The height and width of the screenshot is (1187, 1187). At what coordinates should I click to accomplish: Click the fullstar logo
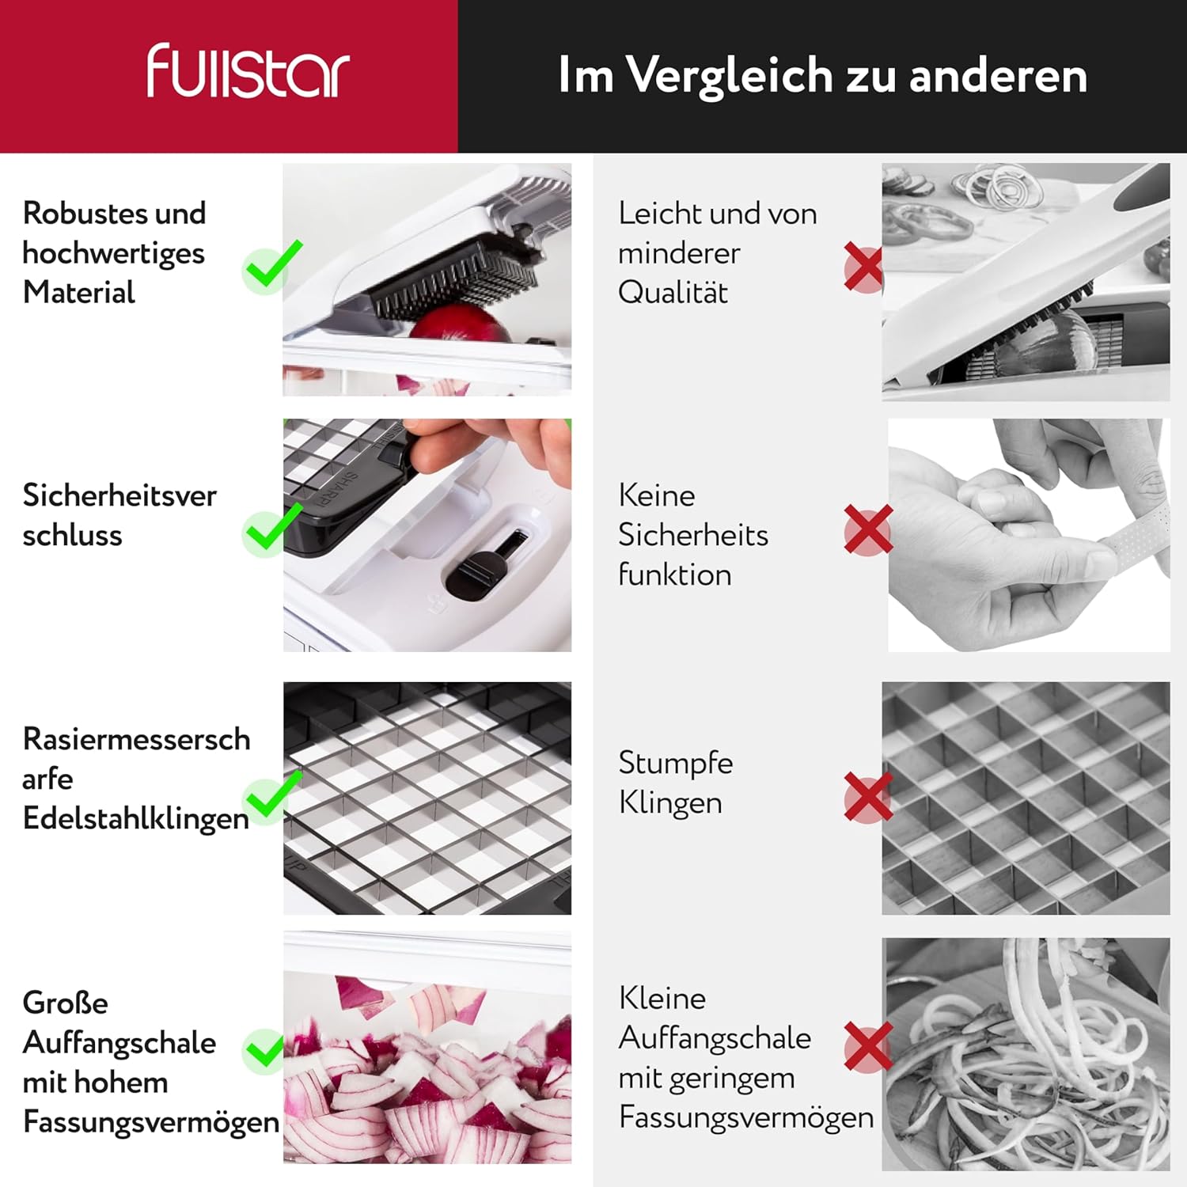pos(248,71)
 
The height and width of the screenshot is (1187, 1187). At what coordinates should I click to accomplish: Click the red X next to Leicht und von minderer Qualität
pos(863,268)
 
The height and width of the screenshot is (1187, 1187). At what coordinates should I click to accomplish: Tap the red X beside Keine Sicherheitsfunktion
pos(868,529)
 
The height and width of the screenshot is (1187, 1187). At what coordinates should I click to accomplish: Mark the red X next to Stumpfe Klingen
pos(868,797)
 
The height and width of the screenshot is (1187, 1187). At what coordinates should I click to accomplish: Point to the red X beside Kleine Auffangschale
pos(868,1047)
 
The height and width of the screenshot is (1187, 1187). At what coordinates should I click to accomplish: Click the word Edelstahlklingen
pos(136,819)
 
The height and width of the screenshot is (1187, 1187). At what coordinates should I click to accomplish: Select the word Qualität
pos(673,293)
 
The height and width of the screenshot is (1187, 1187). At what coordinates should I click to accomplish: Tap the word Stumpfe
pos(676,764)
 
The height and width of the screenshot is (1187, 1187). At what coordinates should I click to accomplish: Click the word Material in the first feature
pos(79,293)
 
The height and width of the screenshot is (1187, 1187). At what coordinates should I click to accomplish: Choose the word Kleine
pos(662,999)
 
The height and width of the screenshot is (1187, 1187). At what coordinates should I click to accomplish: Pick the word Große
pos(66,1003)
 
